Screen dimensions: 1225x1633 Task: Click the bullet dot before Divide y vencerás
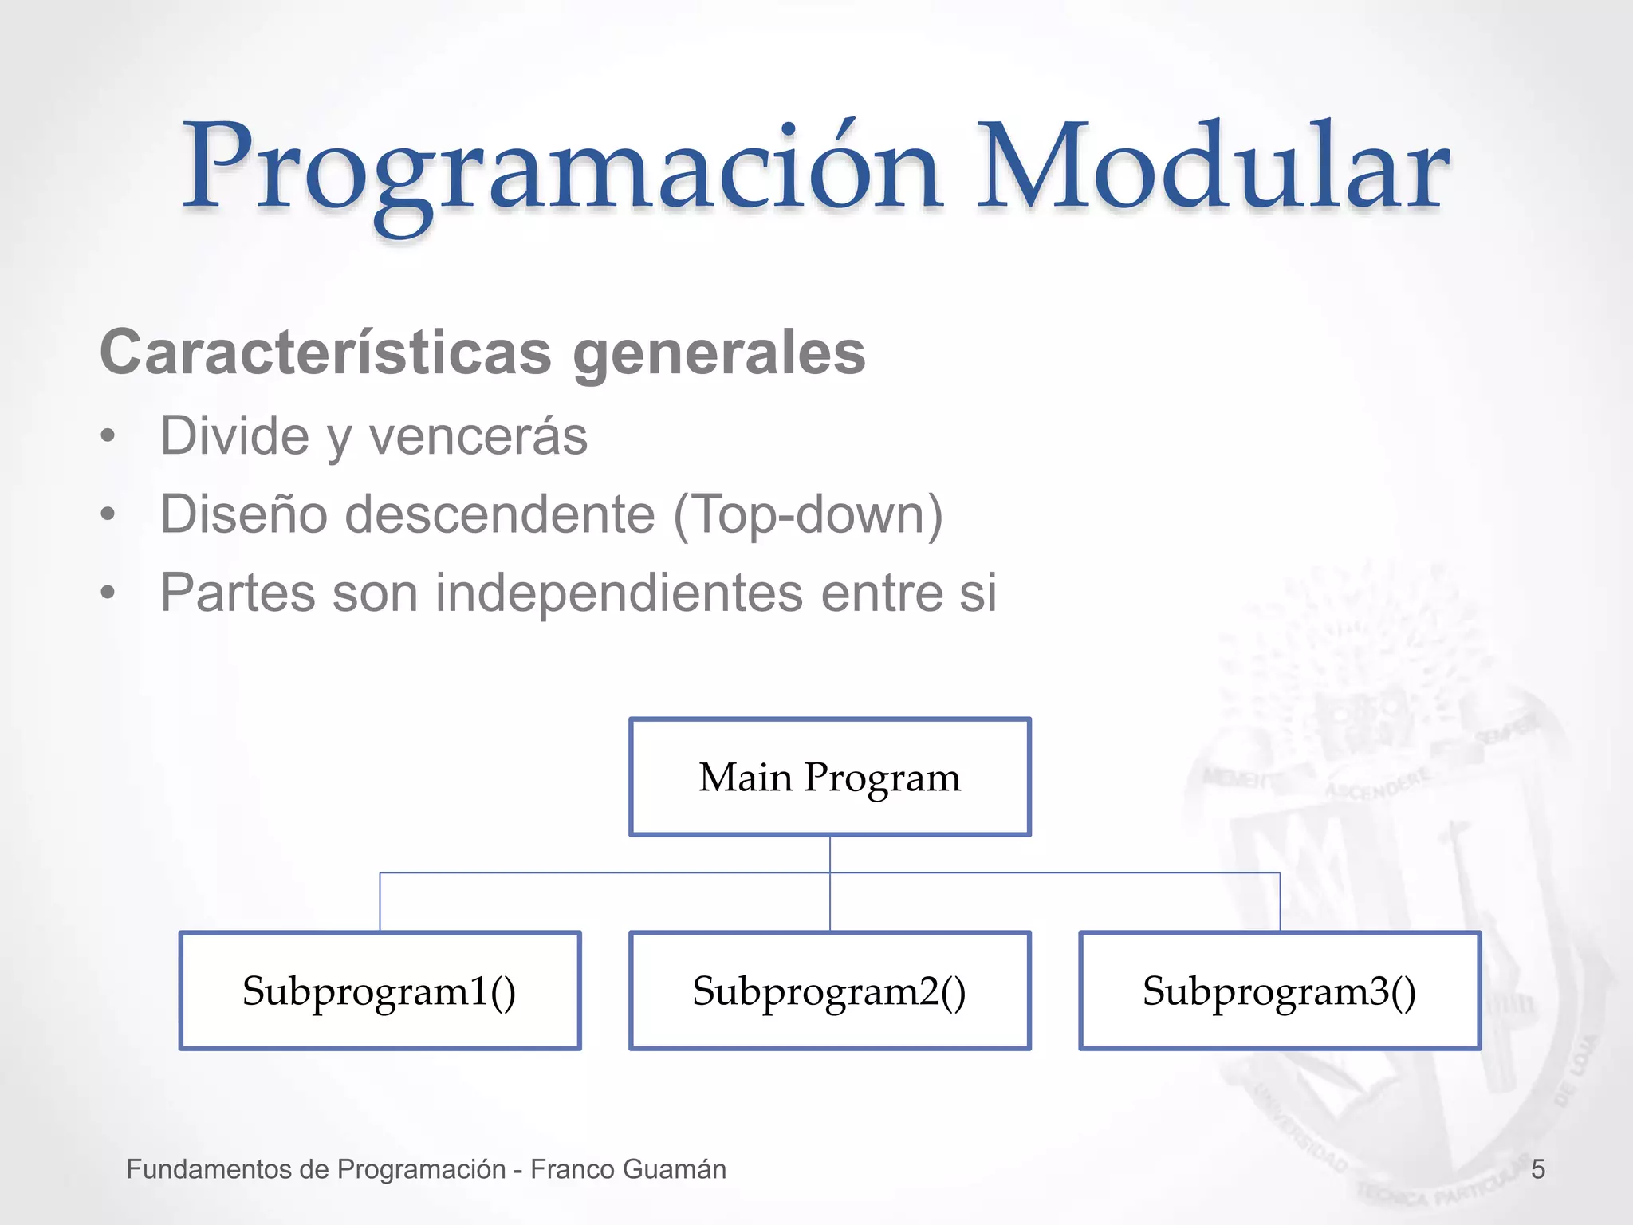click(108, 437)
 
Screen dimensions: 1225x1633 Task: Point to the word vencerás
click(478, 437)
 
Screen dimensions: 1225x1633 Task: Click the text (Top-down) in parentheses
click(808, 514)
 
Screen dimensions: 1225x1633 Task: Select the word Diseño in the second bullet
click(243, 514)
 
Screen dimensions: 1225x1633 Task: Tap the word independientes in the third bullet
click(619, 593)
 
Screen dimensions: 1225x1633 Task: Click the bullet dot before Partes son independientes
click(108, 593)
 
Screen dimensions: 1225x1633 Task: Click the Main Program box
click(829, 777)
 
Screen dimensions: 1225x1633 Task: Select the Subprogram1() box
click(380, 991)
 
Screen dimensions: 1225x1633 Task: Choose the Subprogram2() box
click(829, 991)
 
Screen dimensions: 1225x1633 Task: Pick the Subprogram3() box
click(1279, 991)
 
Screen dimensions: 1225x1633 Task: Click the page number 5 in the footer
click(1538, 1169)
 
